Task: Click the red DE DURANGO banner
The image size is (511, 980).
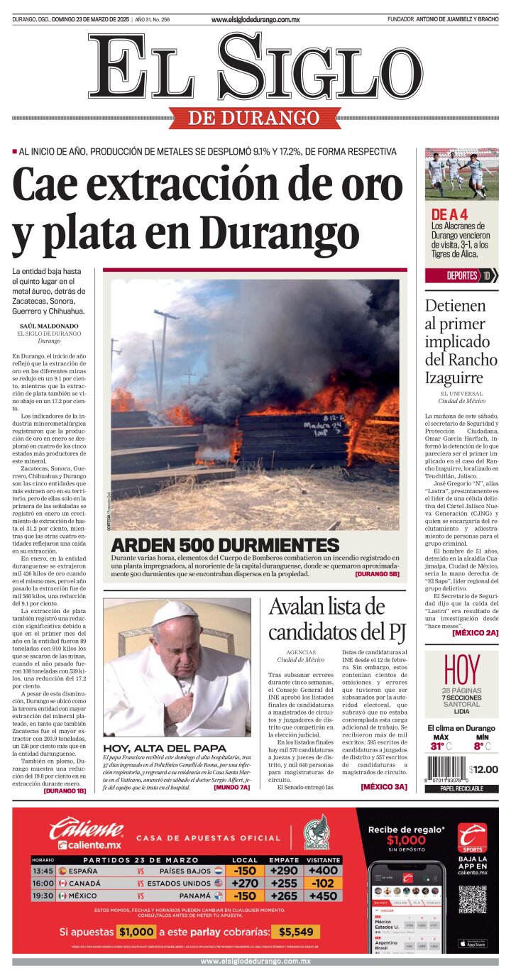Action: [254, 118]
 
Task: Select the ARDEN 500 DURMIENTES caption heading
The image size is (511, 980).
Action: [225, 546]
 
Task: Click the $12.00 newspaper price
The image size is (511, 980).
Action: [483, 769]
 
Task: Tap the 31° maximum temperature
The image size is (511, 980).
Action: [437, 746]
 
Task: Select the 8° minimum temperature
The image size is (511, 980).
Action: [479, 746]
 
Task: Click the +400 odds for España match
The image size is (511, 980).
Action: [323, 870]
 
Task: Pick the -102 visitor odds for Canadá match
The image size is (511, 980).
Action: [323, 883]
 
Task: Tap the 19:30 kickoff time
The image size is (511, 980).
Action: [43, 896]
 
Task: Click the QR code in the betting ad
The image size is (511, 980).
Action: [472, 899]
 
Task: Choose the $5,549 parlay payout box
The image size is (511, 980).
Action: [295, 932]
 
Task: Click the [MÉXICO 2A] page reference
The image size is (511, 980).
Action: [475, 632]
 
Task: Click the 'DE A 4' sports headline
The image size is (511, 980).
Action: [449, 214]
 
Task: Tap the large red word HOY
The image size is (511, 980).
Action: [461, 668]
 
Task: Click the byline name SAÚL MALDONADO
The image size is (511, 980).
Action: [49, 326]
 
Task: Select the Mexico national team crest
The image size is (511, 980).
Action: [317, 832]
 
